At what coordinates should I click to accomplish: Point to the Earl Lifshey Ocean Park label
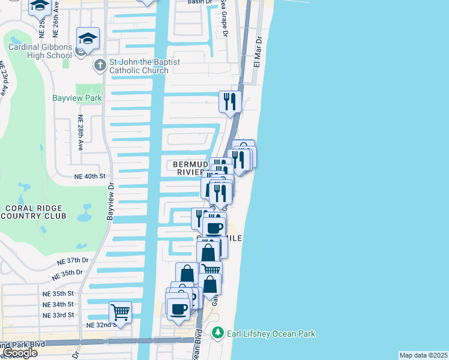271,333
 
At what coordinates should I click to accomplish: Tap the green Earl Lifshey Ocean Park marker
218,333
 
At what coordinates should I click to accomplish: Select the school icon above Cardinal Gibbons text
88,38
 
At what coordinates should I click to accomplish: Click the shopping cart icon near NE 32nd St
120,312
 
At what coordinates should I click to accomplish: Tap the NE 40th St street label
89,176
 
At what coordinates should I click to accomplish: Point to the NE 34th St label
58,304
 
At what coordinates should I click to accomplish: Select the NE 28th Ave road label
79,132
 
